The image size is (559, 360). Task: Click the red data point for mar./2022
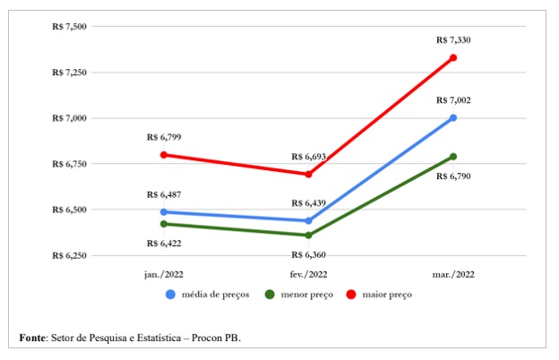point(453,58)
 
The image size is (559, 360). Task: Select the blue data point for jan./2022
point(164,212)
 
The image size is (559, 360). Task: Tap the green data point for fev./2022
point(308,236)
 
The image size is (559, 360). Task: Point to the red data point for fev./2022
point(308,174)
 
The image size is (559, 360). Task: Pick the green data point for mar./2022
point(453,157)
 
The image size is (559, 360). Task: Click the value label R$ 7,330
point(453,40)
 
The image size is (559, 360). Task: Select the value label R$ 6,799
point(164,138)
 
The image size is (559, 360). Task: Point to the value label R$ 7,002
point(453,100)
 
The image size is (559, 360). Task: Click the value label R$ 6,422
point(164,243)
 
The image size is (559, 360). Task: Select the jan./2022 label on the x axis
point(164,274)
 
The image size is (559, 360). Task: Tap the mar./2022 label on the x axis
point(453,274)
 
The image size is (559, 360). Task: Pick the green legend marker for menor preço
point(269,294)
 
